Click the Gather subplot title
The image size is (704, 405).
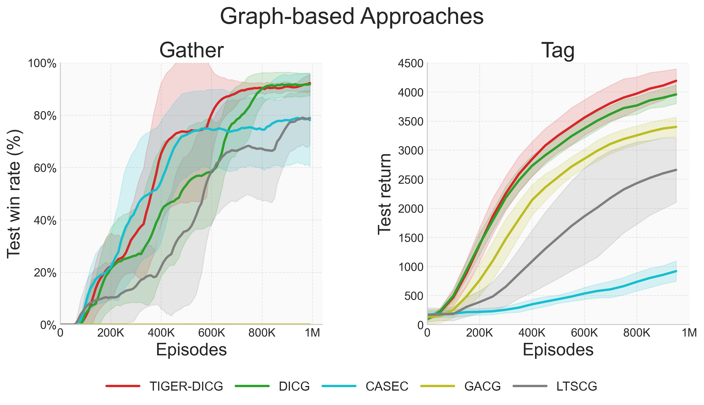[191, 50]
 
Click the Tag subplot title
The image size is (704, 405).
[558, 50]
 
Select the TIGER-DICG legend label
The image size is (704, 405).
[186, 386]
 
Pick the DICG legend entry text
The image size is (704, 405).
[294, 386]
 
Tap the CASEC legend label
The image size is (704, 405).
[387, 386]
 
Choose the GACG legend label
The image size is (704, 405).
[483, 386]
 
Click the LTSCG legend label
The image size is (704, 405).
[577, 386]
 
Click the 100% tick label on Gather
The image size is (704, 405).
[42, 63]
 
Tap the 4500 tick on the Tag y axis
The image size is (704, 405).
[410, 63]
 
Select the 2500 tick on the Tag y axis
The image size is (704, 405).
[410, 180]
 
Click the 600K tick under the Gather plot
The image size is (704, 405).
[211, 333]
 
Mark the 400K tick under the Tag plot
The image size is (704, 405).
[532, 333]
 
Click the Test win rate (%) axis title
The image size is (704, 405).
[14, 194]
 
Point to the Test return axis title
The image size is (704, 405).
[385, 194]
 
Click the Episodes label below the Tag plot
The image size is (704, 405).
[558, 350]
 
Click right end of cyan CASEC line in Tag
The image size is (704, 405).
[676, 271]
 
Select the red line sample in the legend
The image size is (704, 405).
[123, 386]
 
